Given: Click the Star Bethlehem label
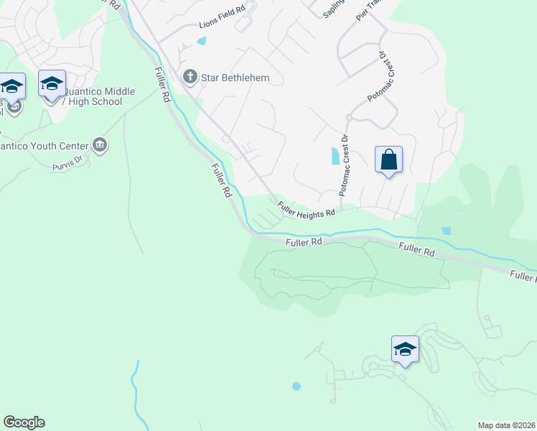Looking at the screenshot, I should (x=225, y=77).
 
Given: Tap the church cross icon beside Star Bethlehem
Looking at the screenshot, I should (x=190, y=76).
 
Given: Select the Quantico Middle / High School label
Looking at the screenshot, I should (x=91, y=96).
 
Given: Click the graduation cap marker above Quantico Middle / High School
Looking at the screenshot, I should (x=52, y=84).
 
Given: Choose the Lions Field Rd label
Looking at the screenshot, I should (x=222, y=26).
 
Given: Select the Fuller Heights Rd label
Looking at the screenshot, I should (x=307, y=208).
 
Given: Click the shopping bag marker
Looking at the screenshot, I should (x=388, y=159).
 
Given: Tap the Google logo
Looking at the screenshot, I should (x=24, y=422).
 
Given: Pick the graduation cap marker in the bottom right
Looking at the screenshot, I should (x=405, y=350).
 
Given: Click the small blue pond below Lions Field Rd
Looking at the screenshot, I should (x=201, y=41).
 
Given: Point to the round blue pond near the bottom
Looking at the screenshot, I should (x=296, y=386).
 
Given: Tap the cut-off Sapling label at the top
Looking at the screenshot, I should (x=332, y=9).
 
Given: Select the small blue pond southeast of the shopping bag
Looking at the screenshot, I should (x=447, y=231).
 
